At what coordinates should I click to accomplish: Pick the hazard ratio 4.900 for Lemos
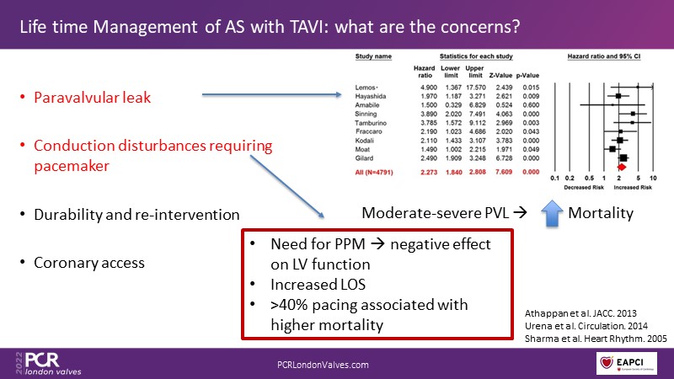point(425,88)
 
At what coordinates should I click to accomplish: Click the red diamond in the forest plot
point(621,167)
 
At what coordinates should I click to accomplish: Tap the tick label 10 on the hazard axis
point(653,179)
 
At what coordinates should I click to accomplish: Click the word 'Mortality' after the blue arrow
point(600,214)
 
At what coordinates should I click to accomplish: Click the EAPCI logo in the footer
point(627,360)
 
